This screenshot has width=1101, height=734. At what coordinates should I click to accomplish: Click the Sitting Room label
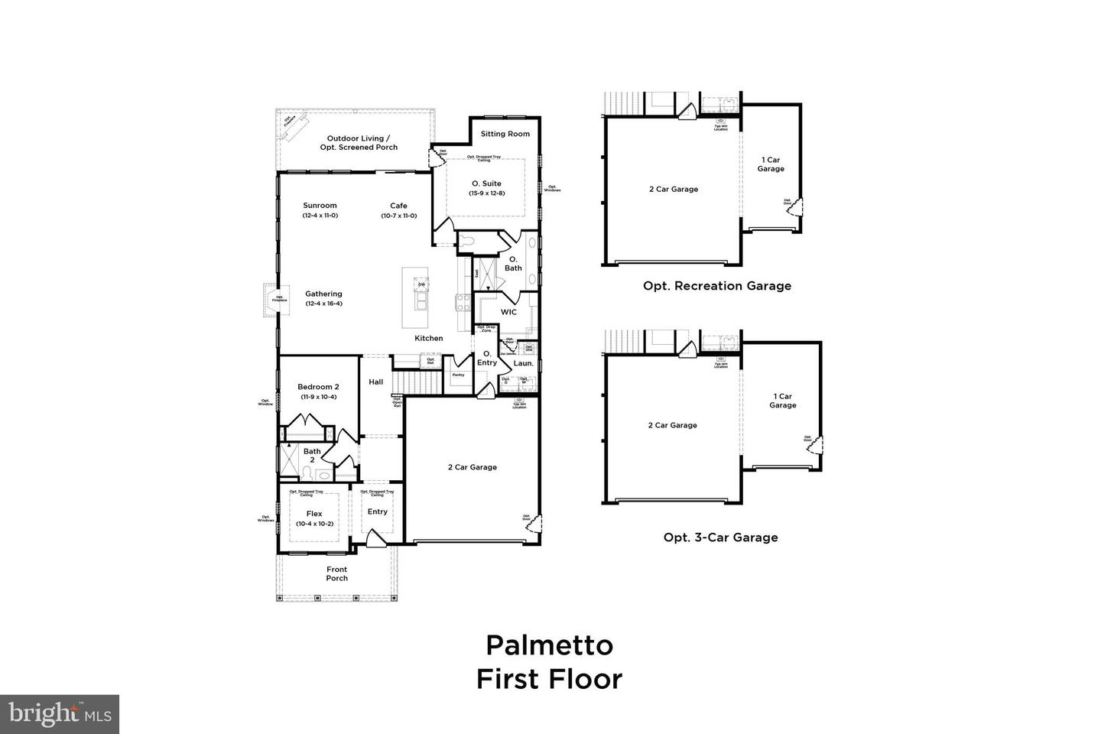[505, 134]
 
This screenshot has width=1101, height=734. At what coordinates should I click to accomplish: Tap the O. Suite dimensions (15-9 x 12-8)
[486, 193]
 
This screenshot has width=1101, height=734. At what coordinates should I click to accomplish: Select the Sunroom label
[320, 205]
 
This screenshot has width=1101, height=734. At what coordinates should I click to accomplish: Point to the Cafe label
[398, 205]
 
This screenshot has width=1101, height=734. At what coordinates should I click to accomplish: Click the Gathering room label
[323, 294]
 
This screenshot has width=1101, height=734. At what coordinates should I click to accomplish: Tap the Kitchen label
[428, 338]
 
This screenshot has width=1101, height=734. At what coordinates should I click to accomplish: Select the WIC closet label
[508, 312]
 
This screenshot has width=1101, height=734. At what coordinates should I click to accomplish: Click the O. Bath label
[513, 264]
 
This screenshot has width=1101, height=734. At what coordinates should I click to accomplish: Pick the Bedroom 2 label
[317, 387]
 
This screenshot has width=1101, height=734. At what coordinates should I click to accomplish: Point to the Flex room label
[314, 514]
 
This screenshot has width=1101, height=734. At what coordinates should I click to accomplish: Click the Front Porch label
[336, 573]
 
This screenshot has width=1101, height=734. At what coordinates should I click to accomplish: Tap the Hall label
[376, 382]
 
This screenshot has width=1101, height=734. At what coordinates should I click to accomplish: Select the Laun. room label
[523, 363]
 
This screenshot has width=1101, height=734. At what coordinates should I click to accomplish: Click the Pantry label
[458, 375]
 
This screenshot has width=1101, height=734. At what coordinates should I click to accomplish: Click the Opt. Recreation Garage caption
[716, 286]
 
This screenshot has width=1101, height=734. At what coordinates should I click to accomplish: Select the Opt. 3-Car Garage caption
[720, 538]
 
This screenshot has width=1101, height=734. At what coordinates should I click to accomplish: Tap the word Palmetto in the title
[549, 645]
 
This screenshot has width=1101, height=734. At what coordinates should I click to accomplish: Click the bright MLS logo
[59, 715]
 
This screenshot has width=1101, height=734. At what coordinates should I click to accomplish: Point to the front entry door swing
[375, 540]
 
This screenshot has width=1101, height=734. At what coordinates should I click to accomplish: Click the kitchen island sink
[421, 304]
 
